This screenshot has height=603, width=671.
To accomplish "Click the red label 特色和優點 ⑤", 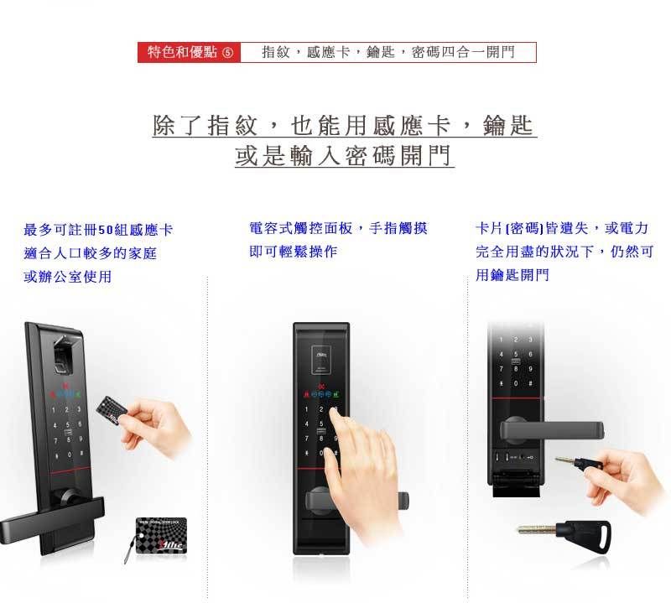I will click(190, 53).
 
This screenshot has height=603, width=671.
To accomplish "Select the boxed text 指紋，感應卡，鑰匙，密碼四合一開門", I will click(388, 53).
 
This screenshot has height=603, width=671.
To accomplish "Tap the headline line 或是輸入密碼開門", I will click(344, 155).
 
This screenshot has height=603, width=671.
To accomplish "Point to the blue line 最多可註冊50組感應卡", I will click(98, 230).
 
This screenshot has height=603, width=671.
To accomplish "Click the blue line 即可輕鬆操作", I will click(294, 251).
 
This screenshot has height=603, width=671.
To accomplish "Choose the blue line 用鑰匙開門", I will click(512, 274).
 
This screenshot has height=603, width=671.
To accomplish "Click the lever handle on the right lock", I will click(554, 431).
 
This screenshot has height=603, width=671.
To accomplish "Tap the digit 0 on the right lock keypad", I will click(515, 383).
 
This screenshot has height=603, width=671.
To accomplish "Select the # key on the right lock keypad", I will click(530, 383).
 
